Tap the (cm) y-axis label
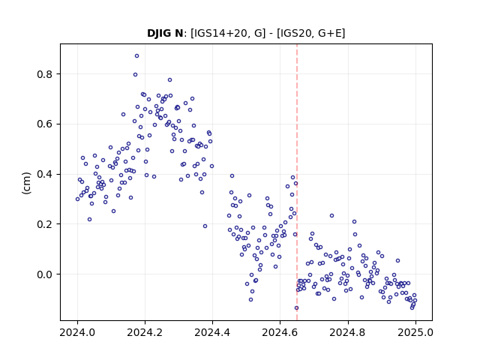coord(27,183)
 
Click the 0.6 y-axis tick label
coord(45,124)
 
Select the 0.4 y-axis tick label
coord(45,174)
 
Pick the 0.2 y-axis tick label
coord(45,224)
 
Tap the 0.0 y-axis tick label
coord(45,274)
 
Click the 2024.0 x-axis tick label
coord(77,332)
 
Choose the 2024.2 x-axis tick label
coord(145,332)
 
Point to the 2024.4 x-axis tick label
coord(212,332)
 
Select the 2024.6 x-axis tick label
coord(280,332)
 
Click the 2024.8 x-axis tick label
coord(348,332)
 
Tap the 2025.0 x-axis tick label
coord(415,332)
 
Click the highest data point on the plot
coord(136,55)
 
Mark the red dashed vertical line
coord(297,182)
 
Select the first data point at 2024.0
coord(77,199)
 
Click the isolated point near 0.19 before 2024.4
coord(205,226)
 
